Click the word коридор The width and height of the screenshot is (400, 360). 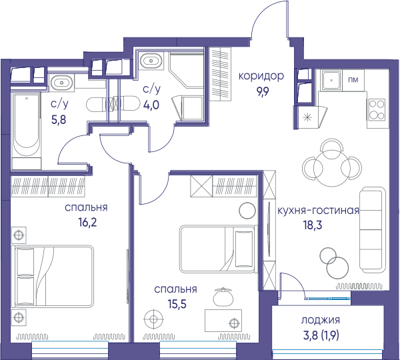point(261,76)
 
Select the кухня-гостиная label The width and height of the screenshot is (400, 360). point(318,211)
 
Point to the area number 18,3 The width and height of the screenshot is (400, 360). point(313,225)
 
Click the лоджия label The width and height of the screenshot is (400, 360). point(321,320)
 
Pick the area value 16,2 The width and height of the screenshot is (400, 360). point(87,223)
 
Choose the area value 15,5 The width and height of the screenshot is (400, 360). point(177,304)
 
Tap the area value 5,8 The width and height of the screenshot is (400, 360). point(59,119)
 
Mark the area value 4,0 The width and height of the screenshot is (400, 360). point(151,105)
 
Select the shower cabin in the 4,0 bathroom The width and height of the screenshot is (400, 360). point(186,70)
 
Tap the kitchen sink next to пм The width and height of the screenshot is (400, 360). point(331,80)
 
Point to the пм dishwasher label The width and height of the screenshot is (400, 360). point(353,80)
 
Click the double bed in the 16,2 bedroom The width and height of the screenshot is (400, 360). point(54,276)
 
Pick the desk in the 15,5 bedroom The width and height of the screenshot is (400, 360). point(223,321)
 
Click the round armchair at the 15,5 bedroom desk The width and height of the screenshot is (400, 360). point(223,297)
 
